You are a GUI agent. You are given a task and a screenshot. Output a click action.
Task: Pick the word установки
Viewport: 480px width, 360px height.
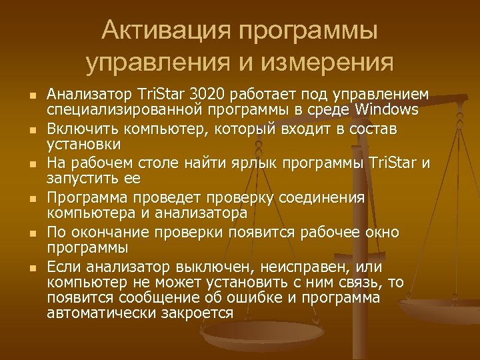coord(83,143)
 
